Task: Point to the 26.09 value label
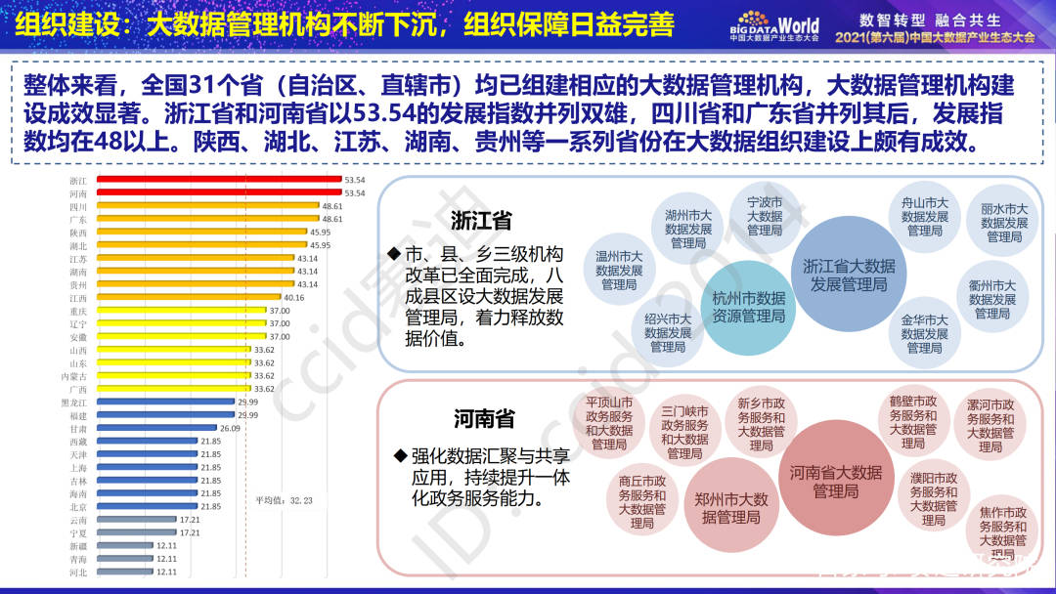[x=230, y=429]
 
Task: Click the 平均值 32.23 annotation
[x=285, y=500]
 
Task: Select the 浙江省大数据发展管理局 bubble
[x=849, y=275]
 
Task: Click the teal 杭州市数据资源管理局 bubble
[x=748, y=306]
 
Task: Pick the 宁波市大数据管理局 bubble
[x=765, y=216]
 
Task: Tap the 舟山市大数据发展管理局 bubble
[x=924, y=216]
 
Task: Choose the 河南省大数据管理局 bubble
[x=836, y=480]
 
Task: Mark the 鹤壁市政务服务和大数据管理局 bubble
[x=913, y=421]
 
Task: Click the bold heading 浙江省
[x=481, y=220]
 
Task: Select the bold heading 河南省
[x=483, y=419]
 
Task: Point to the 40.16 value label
[x=293, y=297]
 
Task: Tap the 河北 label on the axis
[x=78, y=573]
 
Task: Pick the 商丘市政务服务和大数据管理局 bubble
[x=642, y=501]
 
